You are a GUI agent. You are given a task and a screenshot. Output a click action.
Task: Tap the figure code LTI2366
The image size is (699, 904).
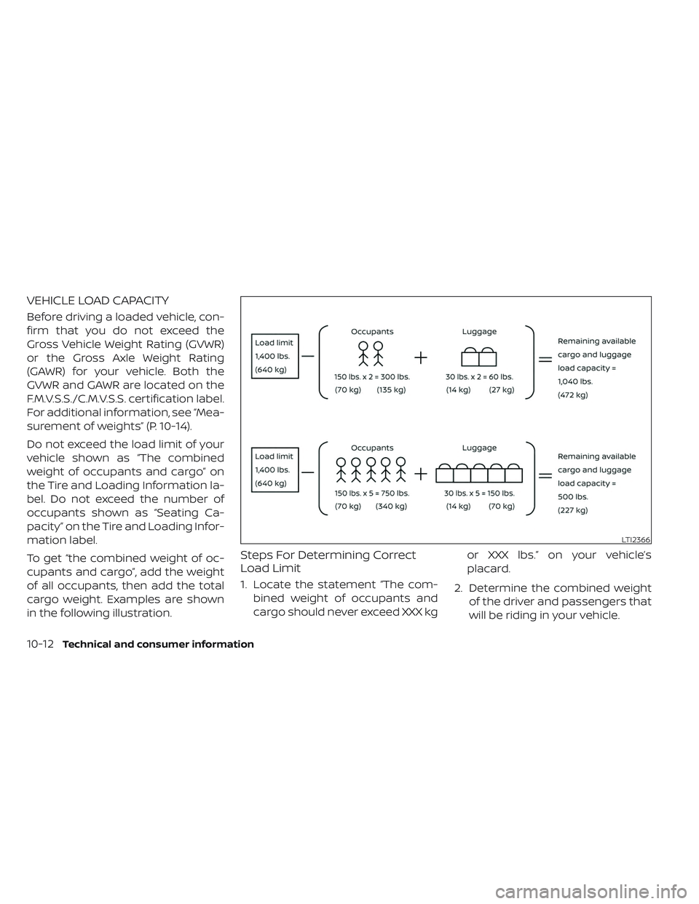[x=636, y=539]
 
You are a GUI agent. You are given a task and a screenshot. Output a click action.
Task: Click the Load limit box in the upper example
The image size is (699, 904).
[x=275, y=356]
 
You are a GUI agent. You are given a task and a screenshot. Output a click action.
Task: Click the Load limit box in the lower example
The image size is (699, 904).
[x=275, y=469]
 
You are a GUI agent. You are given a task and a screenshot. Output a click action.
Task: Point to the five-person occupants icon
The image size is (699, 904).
[x=371, y=469]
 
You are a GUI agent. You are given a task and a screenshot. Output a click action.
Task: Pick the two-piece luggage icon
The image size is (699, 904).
[x=478, y=356]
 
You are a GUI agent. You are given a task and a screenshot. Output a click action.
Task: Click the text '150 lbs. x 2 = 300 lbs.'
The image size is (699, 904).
[x=371, y=377]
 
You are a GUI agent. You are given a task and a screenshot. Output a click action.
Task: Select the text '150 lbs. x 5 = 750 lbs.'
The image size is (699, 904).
[x=371, y=493]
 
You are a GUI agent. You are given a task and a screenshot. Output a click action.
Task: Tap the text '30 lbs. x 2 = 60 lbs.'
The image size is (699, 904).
[x=479, y=377]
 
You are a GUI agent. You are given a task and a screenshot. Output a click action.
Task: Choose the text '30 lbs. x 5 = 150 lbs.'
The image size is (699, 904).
[x=479, y=493]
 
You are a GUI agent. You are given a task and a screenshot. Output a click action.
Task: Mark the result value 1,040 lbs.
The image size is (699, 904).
[x=575, y=381]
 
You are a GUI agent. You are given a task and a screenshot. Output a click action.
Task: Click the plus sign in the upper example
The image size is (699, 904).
[x=421, y=358]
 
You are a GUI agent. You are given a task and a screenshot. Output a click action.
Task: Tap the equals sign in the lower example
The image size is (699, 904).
[x=544, y=474]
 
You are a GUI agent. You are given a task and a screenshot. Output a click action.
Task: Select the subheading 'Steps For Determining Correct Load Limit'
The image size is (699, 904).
[x=333, y=561]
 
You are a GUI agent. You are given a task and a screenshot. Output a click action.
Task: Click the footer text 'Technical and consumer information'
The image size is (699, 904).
[x=159, y=644]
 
